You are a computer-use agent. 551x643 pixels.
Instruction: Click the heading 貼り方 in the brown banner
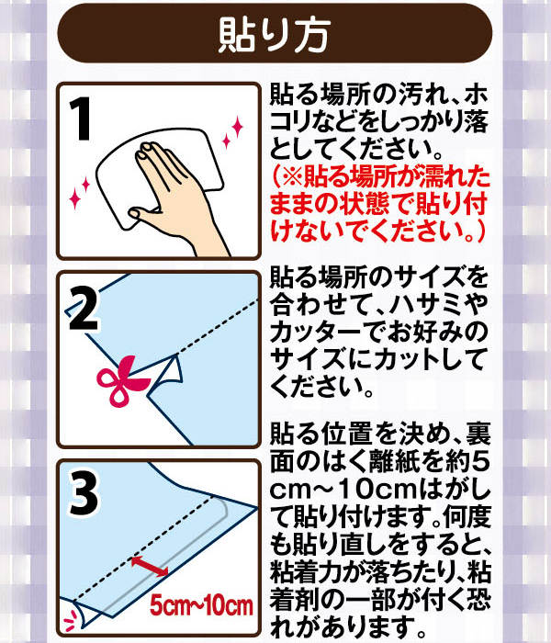[274, 35]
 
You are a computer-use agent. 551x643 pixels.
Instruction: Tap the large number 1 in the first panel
[81, 118]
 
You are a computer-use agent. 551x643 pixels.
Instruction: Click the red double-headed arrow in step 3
[150, 567]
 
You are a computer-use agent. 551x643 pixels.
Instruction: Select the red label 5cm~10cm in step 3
[201, 606]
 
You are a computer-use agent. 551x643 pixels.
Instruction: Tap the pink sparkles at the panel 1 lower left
[80, 192]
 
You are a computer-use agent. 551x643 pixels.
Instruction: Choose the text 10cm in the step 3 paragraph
[377, 490]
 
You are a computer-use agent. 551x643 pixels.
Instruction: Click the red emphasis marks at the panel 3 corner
[72, 621]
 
